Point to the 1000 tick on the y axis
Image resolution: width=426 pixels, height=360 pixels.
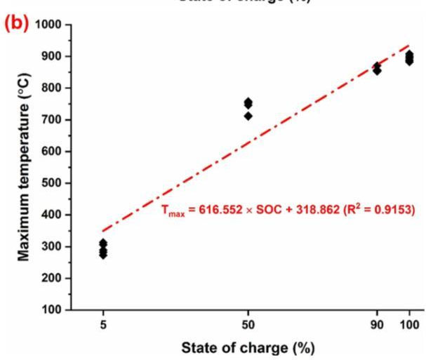[x=47, y=25]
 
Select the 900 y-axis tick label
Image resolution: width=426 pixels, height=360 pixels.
[x=51, y=56]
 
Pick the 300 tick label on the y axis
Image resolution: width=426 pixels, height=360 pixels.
[x=51, y=246]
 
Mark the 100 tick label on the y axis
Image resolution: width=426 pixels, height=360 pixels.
[x=51, y=309]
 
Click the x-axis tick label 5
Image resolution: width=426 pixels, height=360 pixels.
[x=103, y=324]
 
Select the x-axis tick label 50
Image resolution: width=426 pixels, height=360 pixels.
[x=248, y=324]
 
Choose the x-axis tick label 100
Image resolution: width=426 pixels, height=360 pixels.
[x=410, y=324]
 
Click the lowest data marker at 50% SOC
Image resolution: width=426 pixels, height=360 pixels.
[x=248, y=116]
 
